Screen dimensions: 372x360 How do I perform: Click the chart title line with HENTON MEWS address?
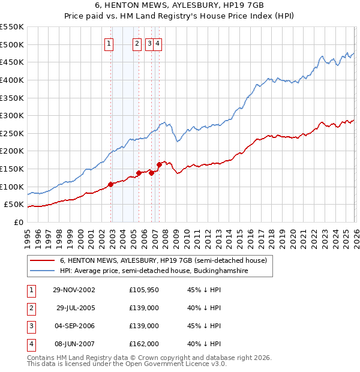pyautogui.click(x=179, y=5)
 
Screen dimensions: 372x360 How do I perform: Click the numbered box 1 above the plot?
pyautogui.click(x=109, y=43)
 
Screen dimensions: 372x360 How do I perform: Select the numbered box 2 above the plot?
pyautogui.click(x=137, y=43)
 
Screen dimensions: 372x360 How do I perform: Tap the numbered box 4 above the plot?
pyautogui.click(x=157, y=43)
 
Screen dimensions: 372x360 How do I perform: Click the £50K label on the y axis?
pyautogui.click(x=14, y=205)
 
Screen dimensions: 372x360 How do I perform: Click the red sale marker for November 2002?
pyautogui.click(x=111, y=184)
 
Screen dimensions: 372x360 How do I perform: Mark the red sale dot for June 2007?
pyautogui.click(x=159, y=164)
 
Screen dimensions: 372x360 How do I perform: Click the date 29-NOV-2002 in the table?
pyautogui.click(x=74, y=290)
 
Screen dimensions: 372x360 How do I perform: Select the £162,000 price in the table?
pyautogui.click(x=144, y=344)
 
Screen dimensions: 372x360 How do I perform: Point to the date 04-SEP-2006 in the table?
pyautogui.click(x=74, y=326)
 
